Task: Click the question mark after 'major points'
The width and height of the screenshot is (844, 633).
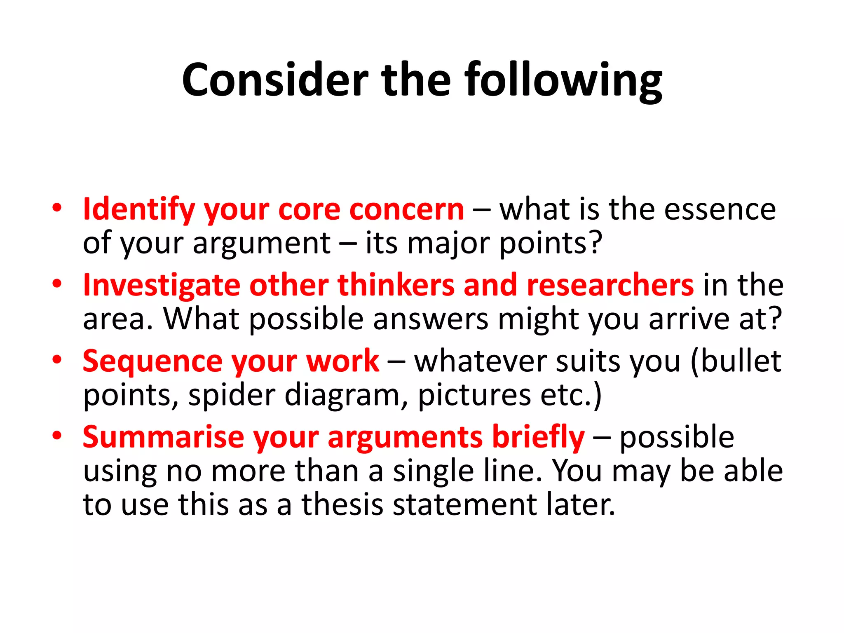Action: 595,243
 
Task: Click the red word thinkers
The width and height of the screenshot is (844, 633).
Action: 396,286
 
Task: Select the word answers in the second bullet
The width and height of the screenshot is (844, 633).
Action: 431,319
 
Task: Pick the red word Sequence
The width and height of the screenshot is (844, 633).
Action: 152,361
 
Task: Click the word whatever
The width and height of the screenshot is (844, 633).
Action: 481,361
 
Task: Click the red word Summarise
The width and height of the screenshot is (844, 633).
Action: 164,437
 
